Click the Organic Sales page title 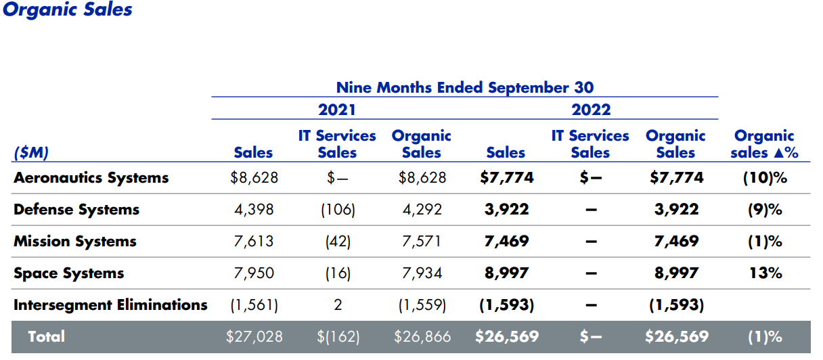(68, 9)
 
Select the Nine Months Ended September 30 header (464, 87)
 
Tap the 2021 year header (336, 110)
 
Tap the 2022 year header (590, 110)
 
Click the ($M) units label (31, 153)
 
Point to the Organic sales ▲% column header (764, 144)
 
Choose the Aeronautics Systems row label (91, 178)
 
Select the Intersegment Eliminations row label (110, 305)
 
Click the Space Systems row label (68, 273)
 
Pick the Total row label (46, 336)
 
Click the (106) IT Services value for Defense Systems (337, 210)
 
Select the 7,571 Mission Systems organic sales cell (422, 242)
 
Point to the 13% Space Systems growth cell (765, 273)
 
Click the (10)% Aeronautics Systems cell (765, 178)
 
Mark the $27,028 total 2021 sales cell (254, 336)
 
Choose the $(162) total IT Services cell (337, 336)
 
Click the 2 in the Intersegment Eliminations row (337, 305)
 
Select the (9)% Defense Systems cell (765, 210)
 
